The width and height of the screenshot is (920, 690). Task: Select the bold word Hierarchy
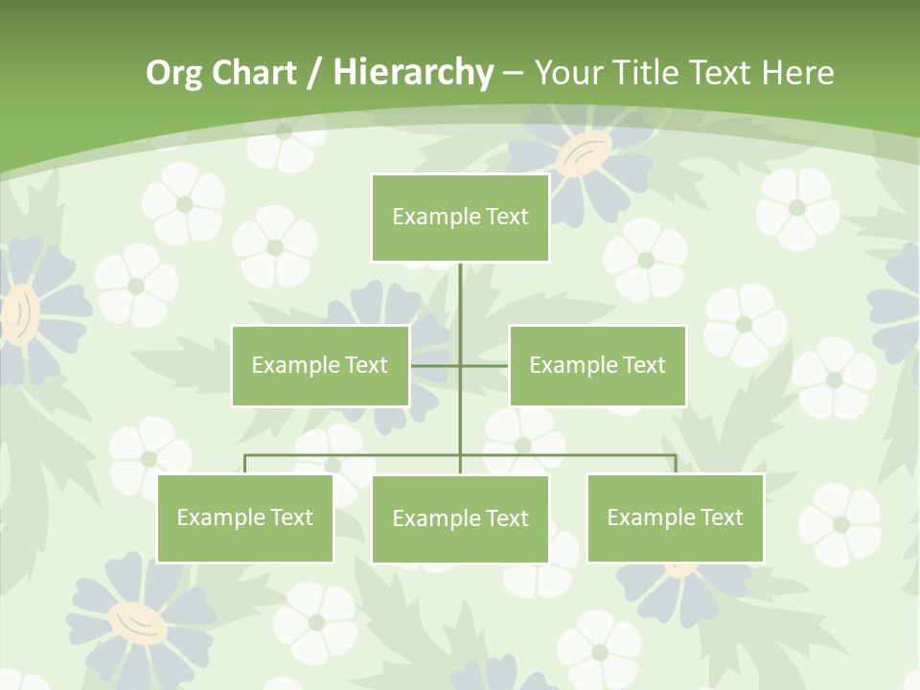[412, 73]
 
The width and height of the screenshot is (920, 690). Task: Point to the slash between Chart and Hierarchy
[314, 74]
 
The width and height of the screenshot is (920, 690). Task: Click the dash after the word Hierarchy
[513, 74]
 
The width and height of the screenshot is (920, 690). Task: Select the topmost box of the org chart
[460, 218]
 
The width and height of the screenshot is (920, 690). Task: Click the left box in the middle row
[320, 365]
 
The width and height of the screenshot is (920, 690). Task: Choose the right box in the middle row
[598, 365]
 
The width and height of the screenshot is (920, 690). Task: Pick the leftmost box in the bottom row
[245, 518]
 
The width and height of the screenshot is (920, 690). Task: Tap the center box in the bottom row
[460, 519]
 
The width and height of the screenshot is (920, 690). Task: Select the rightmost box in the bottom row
[676, 518]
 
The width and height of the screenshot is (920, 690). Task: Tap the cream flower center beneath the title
[584, 153]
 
